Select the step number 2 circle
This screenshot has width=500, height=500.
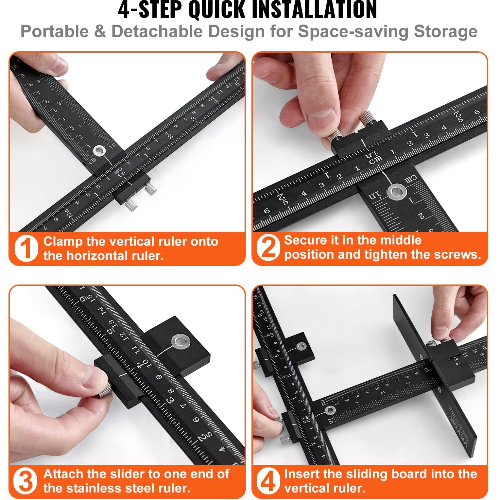click(x=268, y=248)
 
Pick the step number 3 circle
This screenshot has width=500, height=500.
click(x=25, y=481)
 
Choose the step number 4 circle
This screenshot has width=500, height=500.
click(x=268, y=481)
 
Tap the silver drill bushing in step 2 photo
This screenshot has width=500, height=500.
click(x=397, y=192)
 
